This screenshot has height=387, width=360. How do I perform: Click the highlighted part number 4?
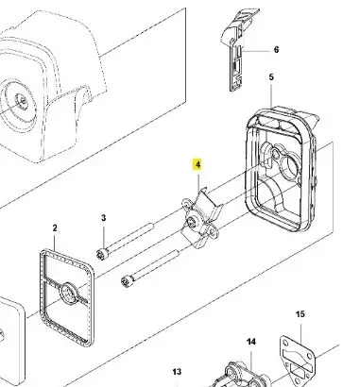[197, 165]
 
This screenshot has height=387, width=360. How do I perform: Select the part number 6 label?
[276, 50]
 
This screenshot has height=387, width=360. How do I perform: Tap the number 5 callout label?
[271, 77]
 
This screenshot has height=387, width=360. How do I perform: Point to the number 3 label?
[104, 218]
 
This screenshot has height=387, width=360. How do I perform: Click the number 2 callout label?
[55, 228]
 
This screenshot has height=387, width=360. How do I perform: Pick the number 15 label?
[300, 314]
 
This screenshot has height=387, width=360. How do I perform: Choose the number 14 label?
[251, 342]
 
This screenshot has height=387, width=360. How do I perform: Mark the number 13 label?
[177, 372]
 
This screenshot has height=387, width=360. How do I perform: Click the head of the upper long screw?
[102, 254]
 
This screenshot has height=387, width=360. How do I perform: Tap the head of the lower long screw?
[127, 280]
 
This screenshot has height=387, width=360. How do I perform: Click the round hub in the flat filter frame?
[69, 293]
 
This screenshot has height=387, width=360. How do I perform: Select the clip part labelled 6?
[239, 50]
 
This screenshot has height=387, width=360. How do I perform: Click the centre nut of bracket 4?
[192, 223]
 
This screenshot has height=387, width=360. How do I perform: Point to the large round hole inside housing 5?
[290, 166]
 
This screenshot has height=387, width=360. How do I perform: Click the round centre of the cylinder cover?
[21, 100]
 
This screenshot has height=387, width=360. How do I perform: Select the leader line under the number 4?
[198, 181]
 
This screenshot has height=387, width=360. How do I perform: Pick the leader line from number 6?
[255, 51]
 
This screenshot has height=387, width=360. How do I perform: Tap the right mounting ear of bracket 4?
[214, 233]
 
